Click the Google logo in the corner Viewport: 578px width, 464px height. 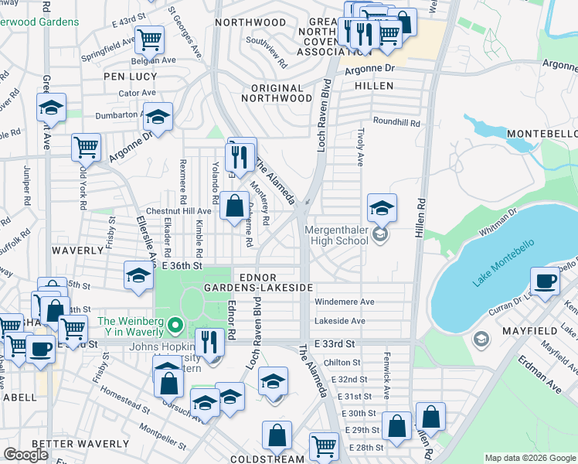point(25,455)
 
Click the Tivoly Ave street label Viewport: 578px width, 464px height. point(360,147)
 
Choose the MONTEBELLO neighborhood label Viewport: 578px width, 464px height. point(542,135)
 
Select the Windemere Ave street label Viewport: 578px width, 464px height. point(344,302)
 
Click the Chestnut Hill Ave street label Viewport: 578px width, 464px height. point(178,210)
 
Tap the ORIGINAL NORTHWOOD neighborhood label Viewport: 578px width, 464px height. point(276,92)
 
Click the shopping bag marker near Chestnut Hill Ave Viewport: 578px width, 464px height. point(233,206)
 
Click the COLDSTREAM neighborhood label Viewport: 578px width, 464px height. point(267,459)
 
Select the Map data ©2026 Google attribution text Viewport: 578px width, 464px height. point(530,458)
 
